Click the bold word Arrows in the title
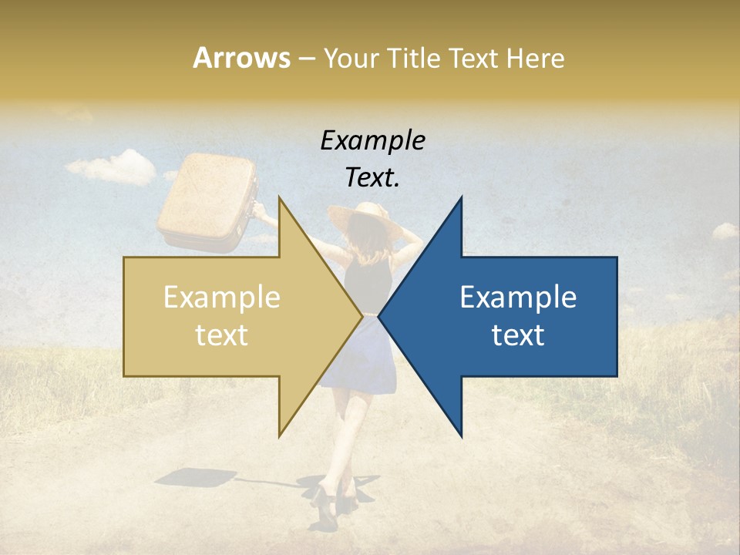(x=241, y=58)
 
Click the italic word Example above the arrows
(x=372, y=140)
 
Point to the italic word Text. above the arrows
(x=372, y=177)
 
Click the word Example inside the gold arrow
(x=222, y=298)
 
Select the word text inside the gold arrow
(x=222, y=335)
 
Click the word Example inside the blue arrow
(x=518, y=298)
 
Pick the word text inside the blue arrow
(x=518, y=335)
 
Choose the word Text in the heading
(x=474, y=58)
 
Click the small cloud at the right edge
(x=725, y=230)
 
